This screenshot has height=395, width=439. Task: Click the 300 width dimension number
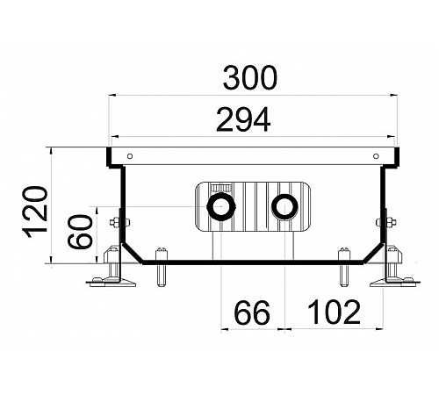click(249, 78)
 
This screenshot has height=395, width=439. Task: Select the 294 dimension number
click(243, 119)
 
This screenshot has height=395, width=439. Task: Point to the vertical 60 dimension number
click(80, 232)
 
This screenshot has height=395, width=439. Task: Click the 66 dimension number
click(252, 312)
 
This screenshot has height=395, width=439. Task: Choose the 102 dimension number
click(335, 312)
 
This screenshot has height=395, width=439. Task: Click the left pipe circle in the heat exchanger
click(221, 207)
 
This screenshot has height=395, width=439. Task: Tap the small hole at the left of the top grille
click(130, 156)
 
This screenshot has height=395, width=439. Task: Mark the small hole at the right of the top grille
click(376, 156)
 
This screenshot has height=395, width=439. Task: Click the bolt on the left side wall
click(119, 223)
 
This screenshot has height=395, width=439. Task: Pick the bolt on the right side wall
click(386, 223)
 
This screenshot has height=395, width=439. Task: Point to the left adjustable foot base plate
click(111, 283)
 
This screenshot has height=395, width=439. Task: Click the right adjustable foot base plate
click(395, 283)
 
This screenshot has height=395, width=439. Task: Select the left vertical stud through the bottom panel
click(162, 267)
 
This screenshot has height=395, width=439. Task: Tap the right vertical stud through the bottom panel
click(344, 267)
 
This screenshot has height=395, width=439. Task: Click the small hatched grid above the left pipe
click(221, 188)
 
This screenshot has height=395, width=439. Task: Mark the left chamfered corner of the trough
click(133, 253)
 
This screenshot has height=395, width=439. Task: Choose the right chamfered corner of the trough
click(373, 253)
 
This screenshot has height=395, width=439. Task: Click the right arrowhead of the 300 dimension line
click(393, 95)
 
